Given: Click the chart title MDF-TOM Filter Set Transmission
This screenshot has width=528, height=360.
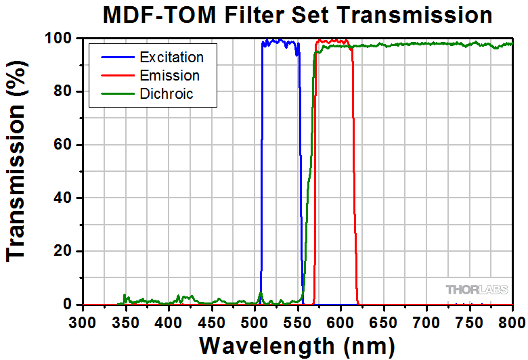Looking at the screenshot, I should tap(298, 14).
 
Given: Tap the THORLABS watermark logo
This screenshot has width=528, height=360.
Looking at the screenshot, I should tap(472, 290).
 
